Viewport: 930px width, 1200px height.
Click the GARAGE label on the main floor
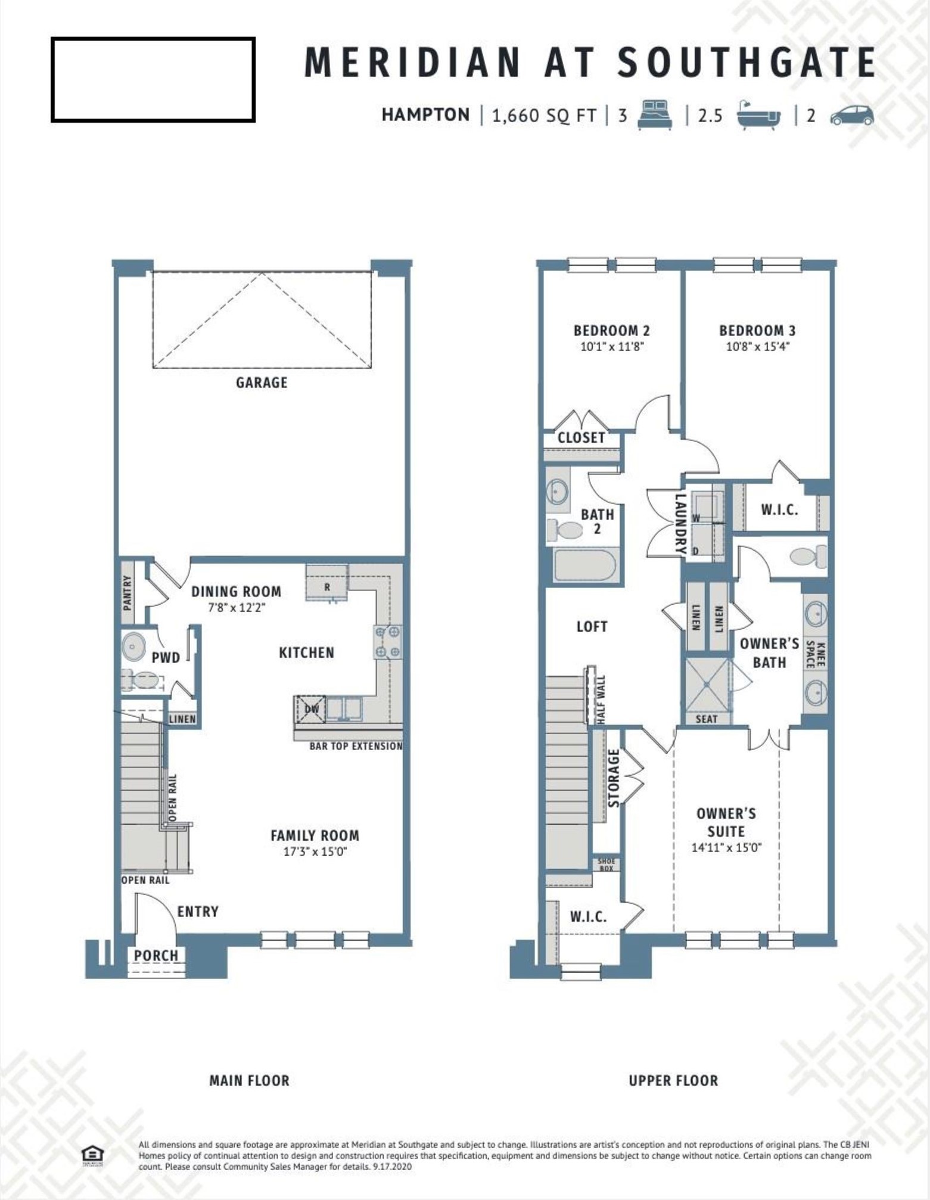pos(262,383)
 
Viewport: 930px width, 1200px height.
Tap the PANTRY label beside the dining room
pos(127,593)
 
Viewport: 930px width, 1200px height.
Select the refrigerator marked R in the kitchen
pos(327,583)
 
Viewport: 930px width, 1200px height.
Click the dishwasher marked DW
pos(311,709)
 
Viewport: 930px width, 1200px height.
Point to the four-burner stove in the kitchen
pos(388,642)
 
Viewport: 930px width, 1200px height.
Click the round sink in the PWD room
pos(134,648)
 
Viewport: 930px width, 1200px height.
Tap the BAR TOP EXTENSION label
pos(356,746)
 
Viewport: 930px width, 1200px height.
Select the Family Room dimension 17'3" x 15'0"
pos(315,851)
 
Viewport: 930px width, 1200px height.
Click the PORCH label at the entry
pos(156,955)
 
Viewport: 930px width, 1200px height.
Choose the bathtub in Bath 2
pos(585,565)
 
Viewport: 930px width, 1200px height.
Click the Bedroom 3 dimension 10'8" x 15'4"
pos(757,346)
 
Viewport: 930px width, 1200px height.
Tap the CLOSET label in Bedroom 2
pos(581,438)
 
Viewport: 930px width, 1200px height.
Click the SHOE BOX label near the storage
pos(606,865)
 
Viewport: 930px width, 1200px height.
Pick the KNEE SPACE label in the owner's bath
pos(815,654)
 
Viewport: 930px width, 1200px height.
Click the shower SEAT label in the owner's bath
pos(707,719)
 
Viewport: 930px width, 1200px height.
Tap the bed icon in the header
pos(655,114)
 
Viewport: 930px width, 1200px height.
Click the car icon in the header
pos(853,115)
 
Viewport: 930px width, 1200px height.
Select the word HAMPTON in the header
pos(425,114)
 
